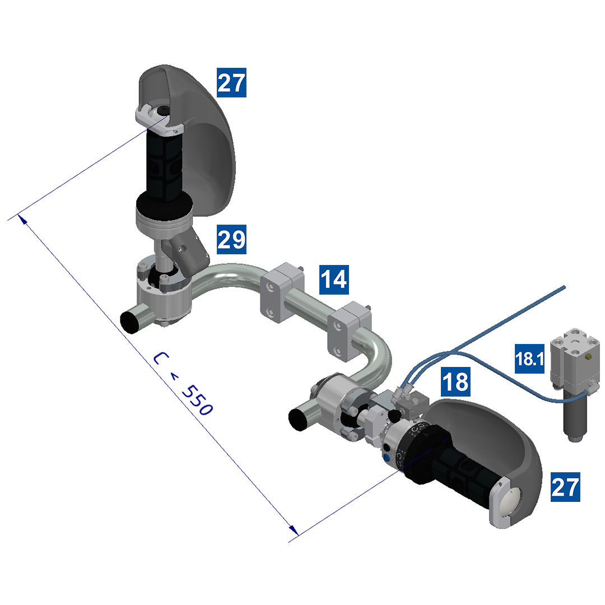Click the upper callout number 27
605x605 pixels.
click(231, 83)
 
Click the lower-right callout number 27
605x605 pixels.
click(565, 486)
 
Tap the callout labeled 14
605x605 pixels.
click(334, 279)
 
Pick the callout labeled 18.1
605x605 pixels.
click(530, 359)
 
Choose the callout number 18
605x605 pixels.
click(454, 381)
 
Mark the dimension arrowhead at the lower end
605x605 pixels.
click(292, 530)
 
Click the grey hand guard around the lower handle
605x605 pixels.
click(504, 431)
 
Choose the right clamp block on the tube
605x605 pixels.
click(348, 331)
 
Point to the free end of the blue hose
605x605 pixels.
click(564, 287)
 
